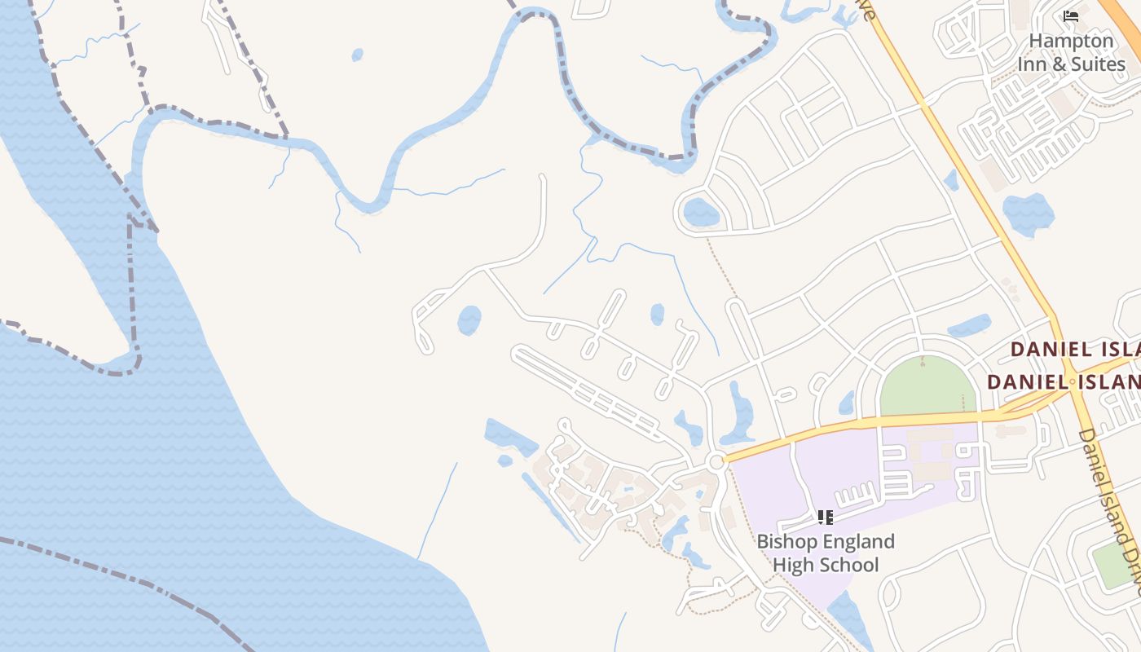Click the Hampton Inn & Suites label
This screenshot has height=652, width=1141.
pyautogui.click(x=1070, y=52)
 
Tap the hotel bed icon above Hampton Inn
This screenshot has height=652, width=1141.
pyautogui.click(x=1071, y=15)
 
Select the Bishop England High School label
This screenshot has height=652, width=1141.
pyautogui.click(x=825, y=553)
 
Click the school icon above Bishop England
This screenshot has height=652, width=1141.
pyautogui.click(x=825, y=517)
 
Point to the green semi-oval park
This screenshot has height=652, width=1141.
pyautogui.click(x=928, y=389)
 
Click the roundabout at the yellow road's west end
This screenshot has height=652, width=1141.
pyautogui.click(x=716, y=462)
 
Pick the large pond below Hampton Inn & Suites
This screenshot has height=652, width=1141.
pyautogui.click(x=1028, y=214)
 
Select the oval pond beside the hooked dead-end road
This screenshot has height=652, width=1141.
pyautogui.click(x=469, y=319)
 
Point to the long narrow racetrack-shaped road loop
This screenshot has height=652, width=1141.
pyautogui.click(x=587, y=390)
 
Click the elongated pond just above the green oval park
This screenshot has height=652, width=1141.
pyautogui.click(x=970, y=326)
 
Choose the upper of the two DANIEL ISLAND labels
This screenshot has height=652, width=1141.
pyautogui.click(x=1074, y=350)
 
